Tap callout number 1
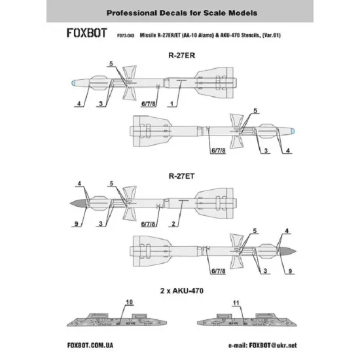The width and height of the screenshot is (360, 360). click(x=172, y=104)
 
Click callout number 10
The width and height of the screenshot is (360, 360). click(x=128, y=302)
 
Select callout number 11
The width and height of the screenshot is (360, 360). click(x=236, y=302)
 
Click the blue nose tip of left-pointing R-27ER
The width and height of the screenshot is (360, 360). click(x=76, y=83)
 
